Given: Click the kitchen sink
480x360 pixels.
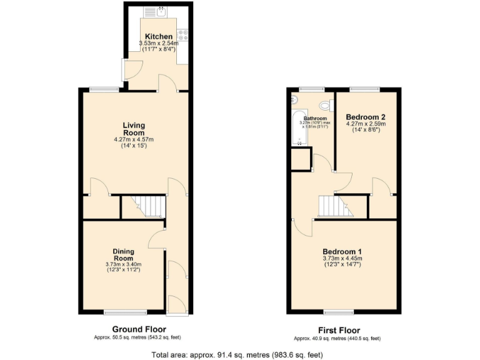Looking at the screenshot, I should click(x=154, y=11).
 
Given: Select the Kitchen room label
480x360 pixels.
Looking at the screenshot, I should click(x=159, y=36).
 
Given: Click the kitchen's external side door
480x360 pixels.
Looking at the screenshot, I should click(x=124, y=68).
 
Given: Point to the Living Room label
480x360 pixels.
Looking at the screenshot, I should click(x=134, y=129).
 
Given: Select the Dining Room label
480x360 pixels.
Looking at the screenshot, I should click(x=123, y=254).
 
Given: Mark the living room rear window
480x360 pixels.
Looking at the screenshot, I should click(x=104, y=89).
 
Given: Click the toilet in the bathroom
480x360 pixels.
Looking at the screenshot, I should click(x=325, y=106).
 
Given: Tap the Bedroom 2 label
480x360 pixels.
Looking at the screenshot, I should click(x=366, y=117).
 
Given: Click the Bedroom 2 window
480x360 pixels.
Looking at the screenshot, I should click(x=364, y=89).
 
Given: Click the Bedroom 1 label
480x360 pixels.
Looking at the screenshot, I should click(x=343, y=251).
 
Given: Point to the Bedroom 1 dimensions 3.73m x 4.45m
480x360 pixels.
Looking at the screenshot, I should click(x=343, y=261).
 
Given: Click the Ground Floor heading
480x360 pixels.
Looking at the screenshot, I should click(x=139, y=329).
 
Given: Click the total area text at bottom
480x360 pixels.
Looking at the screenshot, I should click(x=237, y=354).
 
